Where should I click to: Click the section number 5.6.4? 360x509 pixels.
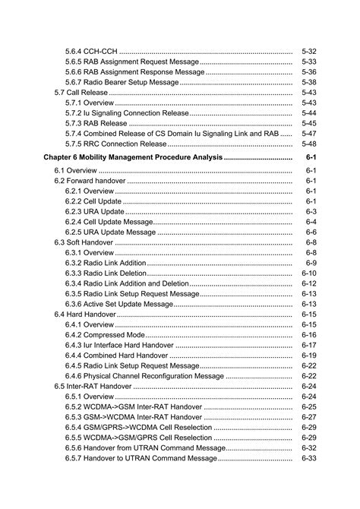pos(74,50)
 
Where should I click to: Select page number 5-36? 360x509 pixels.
pos(308,71)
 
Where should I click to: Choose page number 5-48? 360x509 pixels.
pos(308,144)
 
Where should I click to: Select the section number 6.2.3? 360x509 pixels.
pos(74,211)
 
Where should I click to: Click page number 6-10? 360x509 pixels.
pos(308,273)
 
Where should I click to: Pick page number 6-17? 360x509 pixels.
pos(308,345)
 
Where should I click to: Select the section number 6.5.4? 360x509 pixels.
pos(74,427)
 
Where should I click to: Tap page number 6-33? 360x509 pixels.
pos(308,458)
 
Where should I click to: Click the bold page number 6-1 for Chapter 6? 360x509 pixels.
pos(311,156)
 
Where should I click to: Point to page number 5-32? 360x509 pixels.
pos(308,50)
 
